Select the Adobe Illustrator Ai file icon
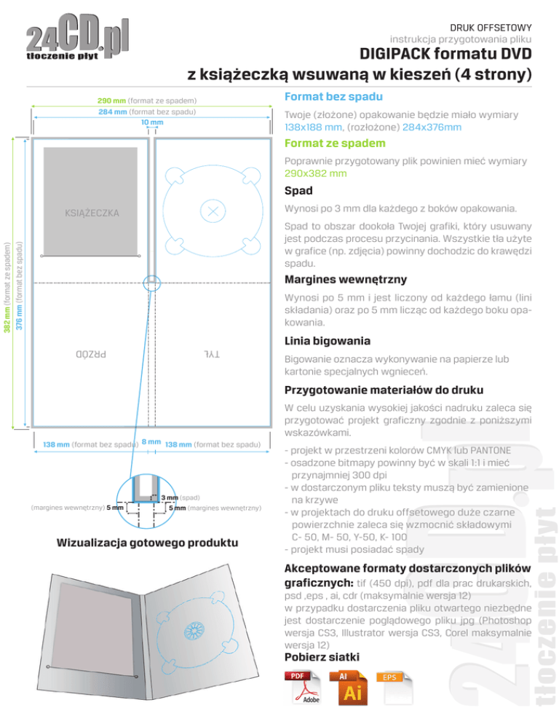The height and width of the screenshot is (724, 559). pyautogui.click(x=353, y=688)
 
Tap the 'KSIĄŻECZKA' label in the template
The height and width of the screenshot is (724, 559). pyautogui.click(x=92, y=213)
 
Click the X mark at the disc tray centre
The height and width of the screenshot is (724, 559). pyautogui.click(x=213, y=210)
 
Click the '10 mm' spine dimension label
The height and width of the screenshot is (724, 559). pyautogui.click(x=152, y=122)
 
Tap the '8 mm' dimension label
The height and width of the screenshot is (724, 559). pyautogui.click(x=151, y=442)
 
